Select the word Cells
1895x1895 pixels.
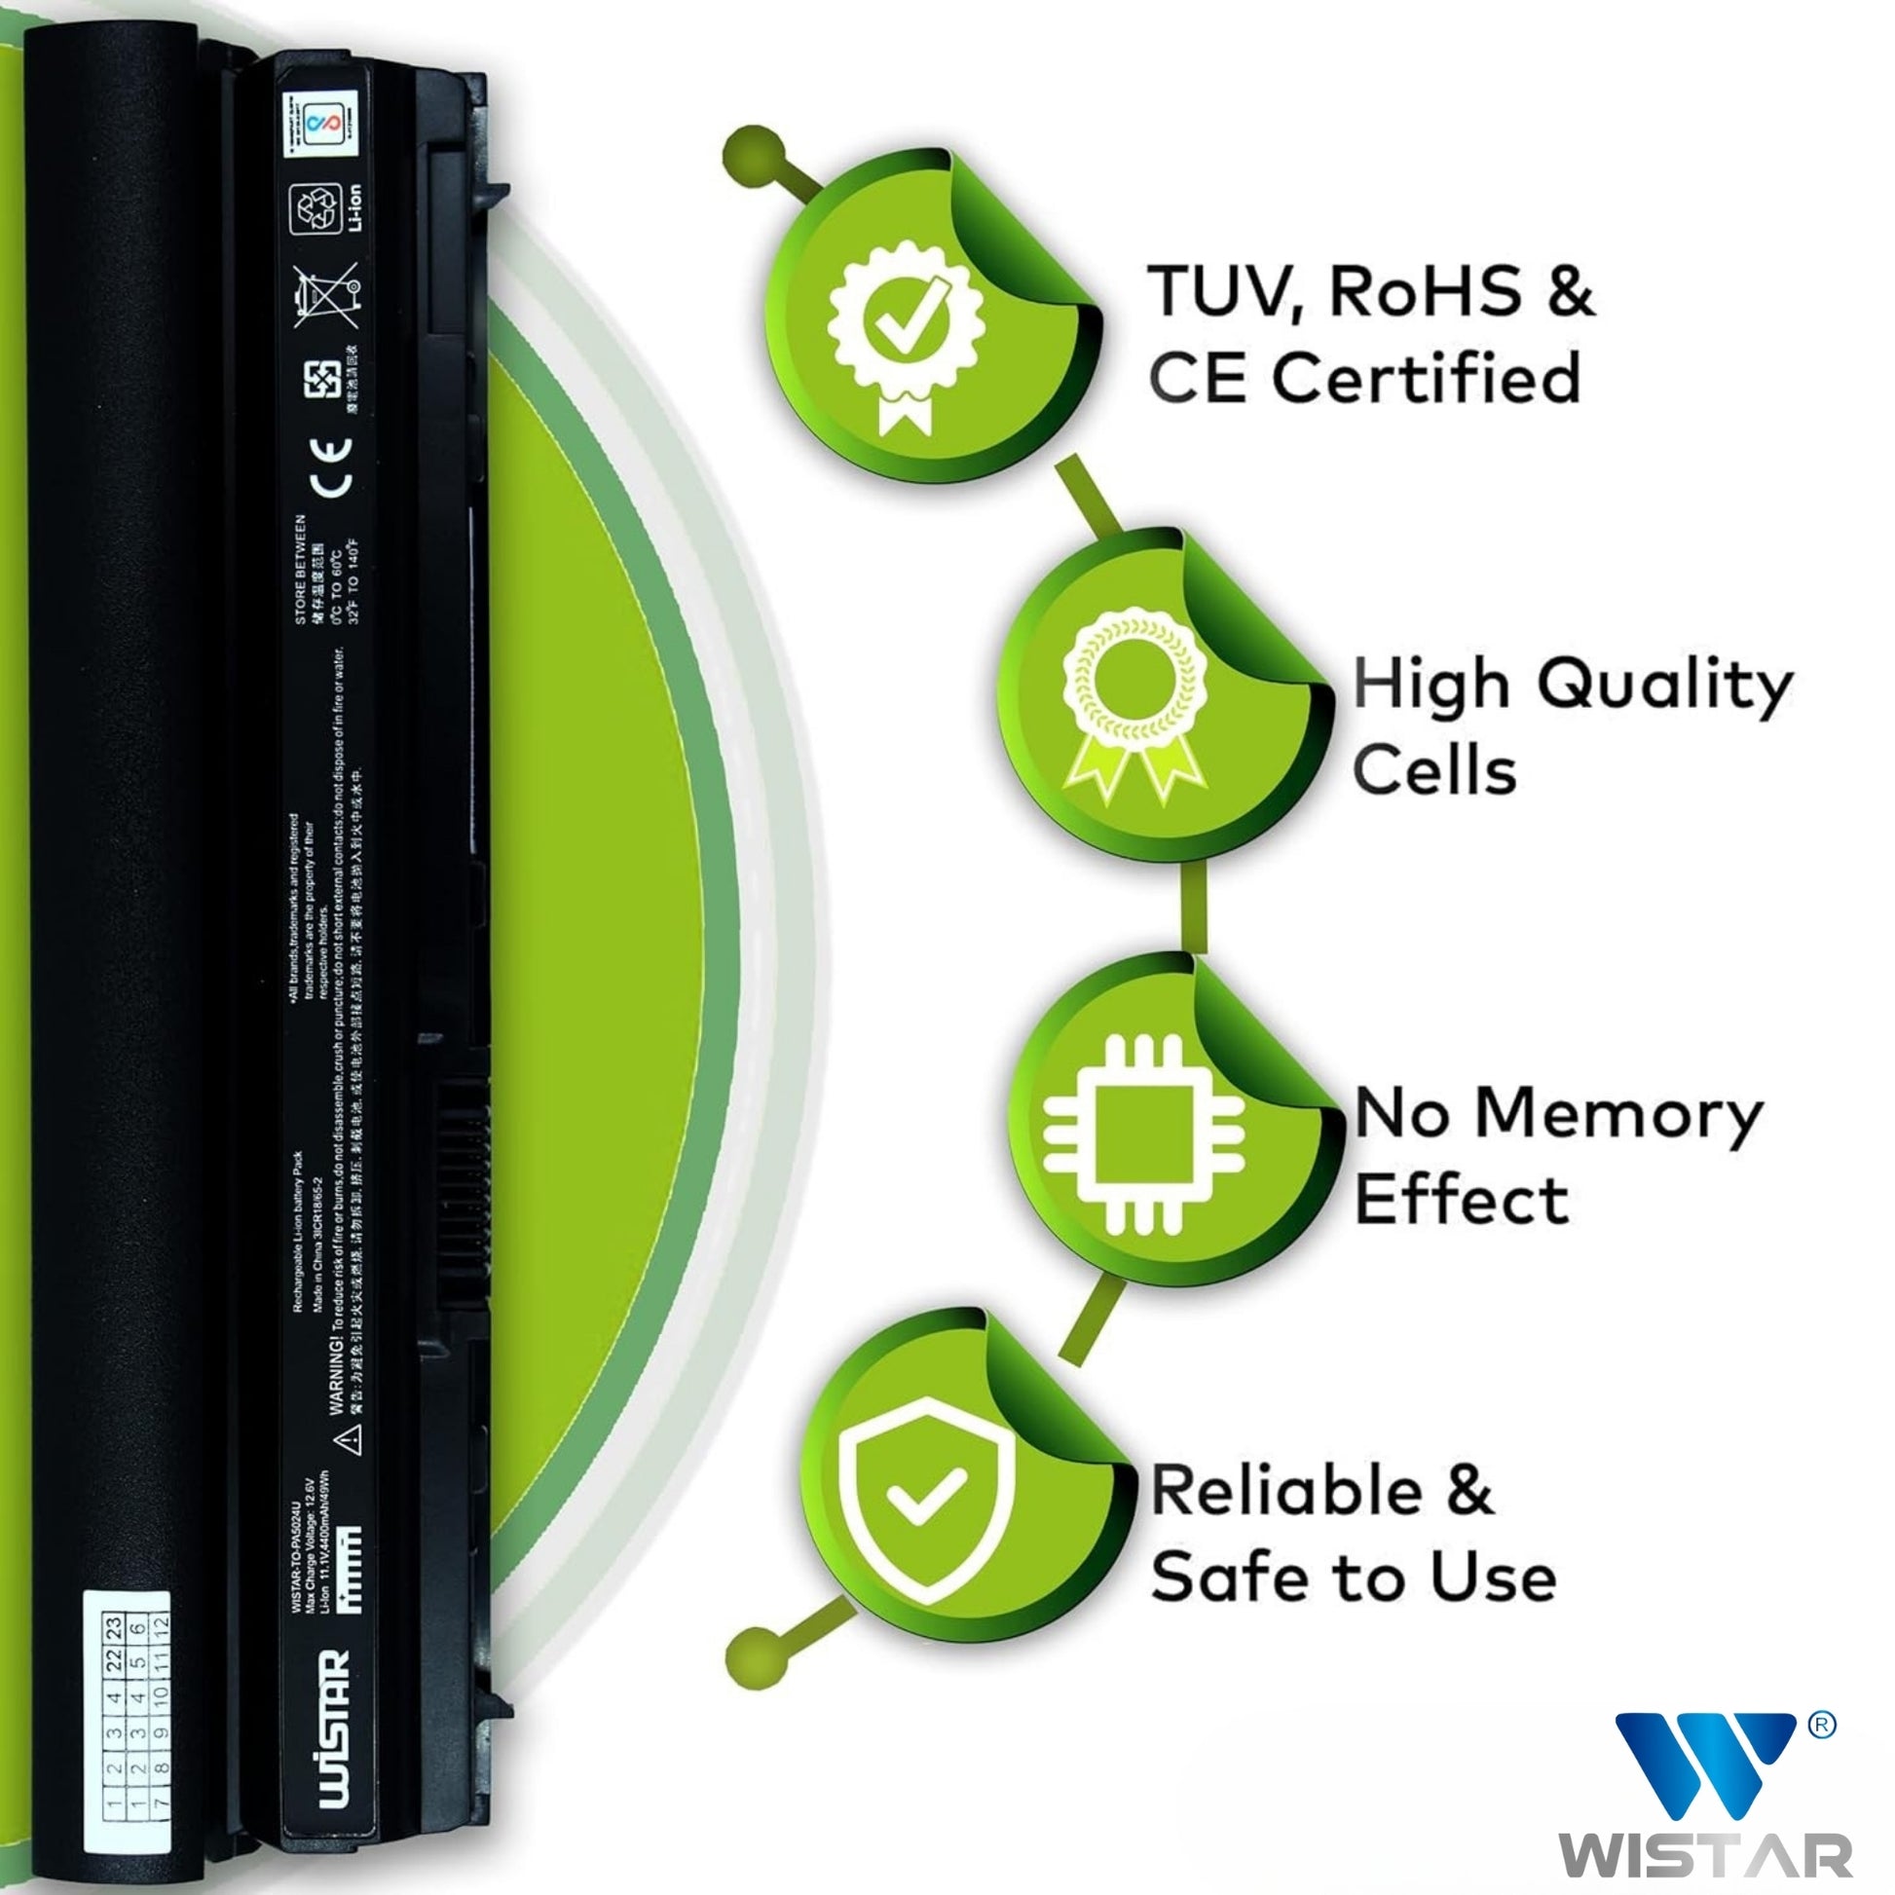1434,770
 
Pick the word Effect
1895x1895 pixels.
1461,1201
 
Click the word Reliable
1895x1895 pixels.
1285,1491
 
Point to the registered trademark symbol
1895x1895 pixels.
1821,1725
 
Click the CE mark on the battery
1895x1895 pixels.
330,466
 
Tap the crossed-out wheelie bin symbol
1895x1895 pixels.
326,294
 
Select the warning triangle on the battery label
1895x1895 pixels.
350,1440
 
